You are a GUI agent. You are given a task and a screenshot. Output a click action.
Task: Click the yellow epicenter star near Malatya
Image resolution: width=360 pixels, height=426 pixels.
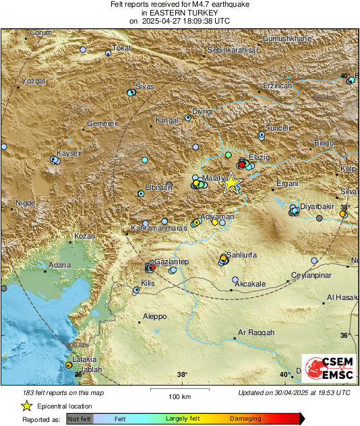[x=231, y=183]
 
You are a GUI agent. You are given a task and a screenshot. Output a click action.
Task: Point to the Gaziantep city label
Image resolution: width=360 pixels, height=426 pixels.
[x=171, y=261]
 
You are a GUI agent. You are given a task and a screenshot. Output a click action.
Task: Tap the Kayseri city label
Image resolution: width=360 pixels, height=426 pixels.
[x=69, y=154]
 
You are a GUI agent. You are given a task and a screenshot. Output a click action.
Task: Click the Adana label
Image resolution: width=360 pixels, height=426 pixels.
[x=59, y=265]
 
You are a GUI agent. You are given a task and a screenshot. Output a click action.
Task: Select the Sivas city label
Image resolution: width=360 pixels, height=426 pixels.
[x=145, y=86]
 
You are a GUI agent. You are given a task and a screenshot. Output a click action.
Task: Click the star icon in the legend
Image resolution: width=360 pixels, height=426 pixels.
[x=26, y=406]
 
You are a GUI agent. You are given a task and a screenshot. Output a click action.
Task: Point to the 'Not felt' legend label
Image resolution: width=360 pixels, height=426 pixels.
[x=80, y=419]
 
